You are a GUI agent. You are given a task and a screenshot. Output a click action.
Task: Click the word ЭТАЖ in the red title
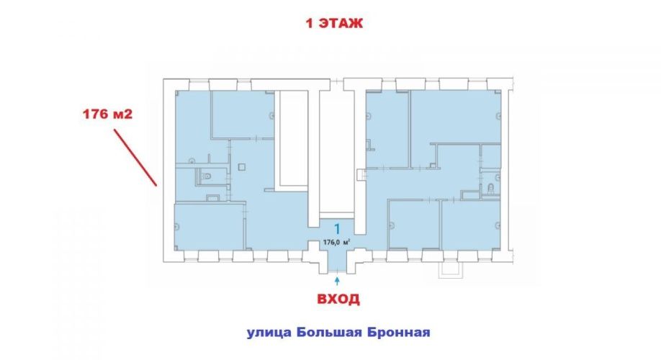tap(341, 23)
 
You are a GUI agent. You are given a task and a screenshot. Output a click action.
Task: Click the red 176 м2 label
tap(107, 114)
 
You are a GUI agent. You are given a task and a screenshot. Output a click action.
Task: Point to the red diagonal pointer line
tap(135, 157)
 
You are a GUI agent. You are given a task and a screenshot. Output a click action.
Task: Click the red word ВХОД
tap(338, 299)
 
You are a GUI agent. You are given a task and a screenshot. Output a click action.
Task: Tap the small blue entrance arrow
tap(337, 280)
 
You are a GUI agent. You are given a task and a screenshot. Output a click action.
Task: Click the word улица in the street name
tap(269, 333)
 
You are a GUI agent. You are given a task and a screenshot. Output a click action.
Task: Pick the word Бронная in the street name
tap(399, 332)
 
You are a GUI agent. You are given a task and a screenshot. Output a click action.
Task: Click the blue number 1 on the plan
tap(337, 229)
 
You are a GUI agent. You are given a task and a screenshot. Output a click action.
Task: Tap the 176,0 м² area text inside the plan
tap(336, 242)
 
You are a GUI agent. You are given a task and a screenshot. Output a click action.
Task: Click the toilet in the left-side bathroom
tap(206, 176)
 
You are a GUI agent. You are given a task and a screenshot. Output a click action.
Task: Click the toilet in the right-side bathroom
tap(490, 189)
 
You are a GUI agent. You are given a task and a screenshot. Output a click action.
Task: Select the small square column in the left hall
tap(241, 167)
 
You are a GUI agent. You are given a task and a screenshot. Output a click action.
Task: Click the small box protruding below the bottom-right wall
tap(451, 269)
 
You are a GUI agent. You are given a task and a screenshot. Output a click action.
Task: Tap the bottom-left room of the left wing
tap(209, 227)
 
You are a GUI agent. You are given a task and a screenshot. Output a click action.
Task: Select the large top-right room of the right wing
tap(456, 117)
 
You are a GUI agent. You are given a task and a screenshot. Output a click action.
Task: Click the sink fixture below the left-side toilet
tap(212, 197)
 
